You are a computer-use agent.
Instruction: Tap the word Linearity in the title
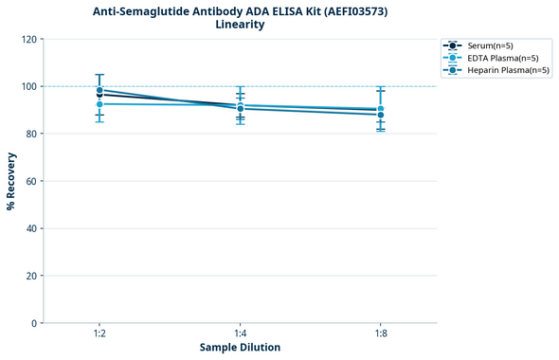coord(240,25)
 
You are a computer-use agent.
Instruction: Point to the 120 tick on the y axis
coord(30,39)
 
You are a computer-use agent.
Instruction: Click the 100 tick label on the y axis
coord(30,86)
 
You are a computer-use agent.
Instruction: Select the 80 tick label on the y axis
coord(32,134)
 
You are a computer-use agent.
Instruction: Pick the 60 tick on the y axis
coord(32,181)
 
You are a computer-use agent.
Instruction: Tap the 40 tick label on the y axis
coord(32,228)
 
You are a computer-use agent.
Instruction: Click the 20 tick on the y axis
coord(32,276)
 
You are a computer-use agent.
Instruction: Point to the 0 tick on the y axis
coord(35,323)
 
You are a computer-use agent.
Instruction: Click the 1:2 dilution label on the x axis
coord(99,334)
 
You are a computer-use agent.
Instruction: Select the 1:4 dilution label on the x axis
coord(240,334)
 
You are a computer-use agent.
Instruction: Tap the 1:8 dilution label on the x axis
coord(380,334)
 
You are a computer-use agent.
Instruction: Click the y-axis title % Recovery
coord(11,181)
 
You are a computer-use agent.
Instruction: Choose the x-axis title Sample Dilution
coord(240,348)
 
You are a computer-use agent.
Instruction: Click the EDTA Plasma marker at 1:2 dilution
coord(99,103)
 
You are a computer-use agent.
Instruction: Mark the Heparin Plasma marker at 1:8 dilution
coord(380,115)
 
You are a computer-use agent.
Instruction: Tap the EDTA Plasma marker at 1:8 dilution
coord(380,109)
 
